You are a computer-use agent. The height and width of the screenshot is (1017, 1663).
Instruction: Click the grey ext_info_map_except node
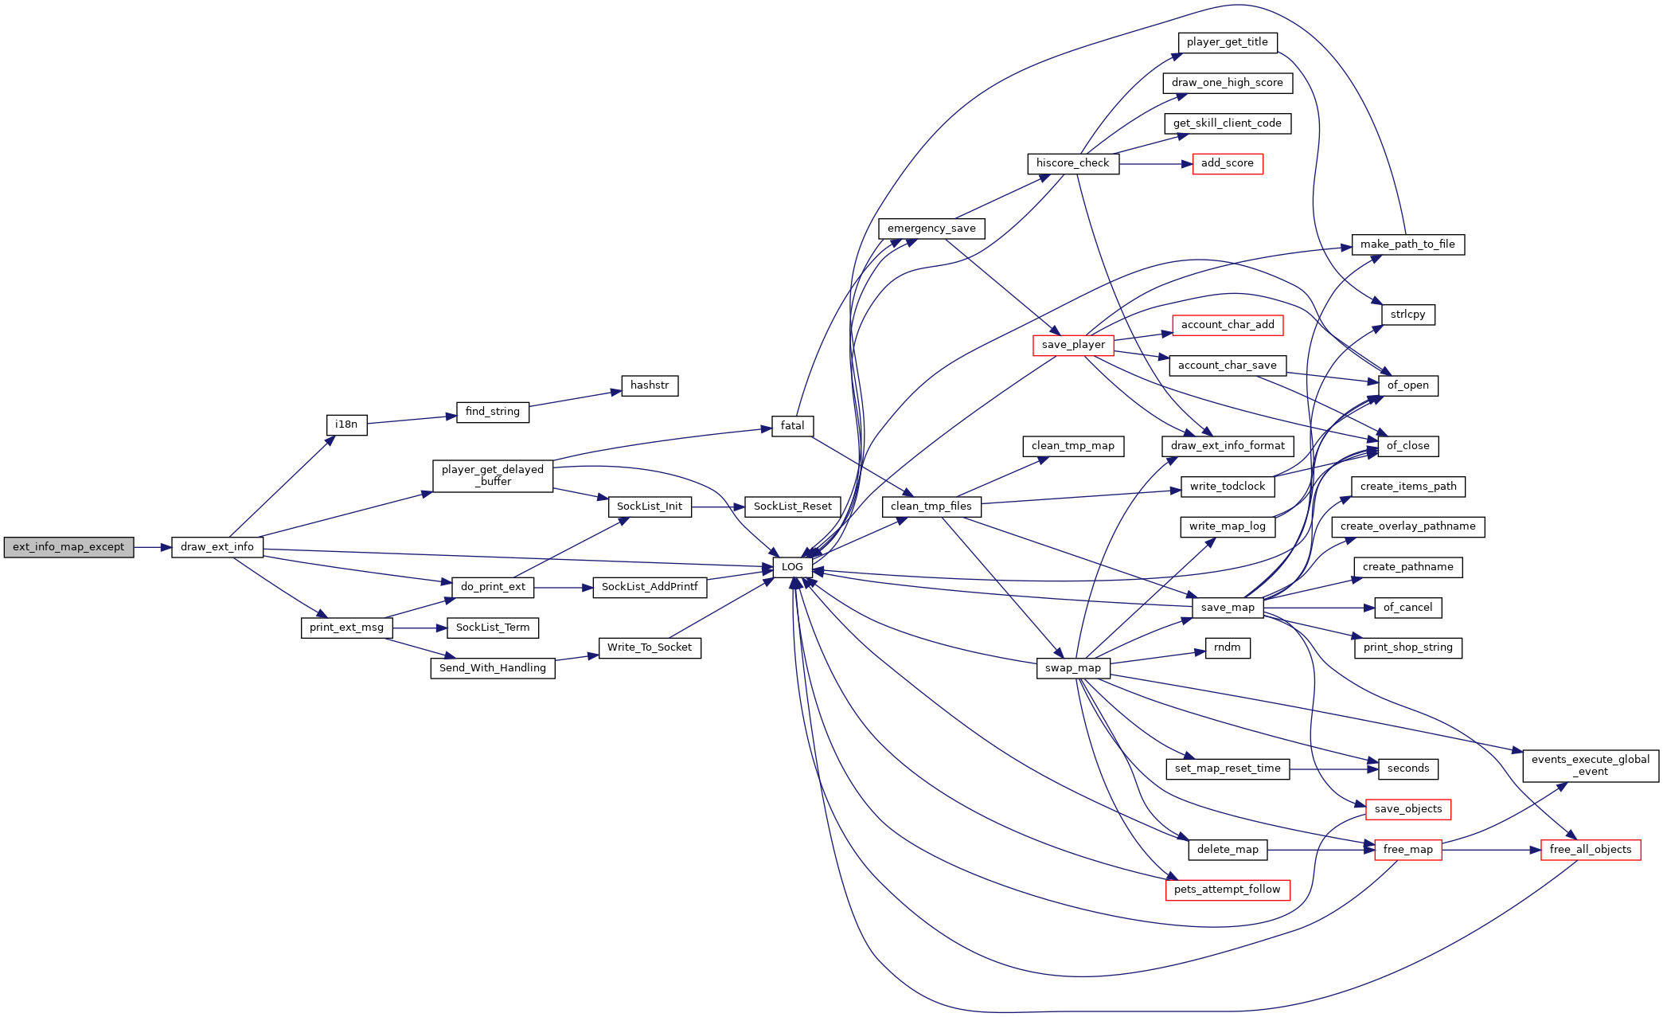pos(68,547)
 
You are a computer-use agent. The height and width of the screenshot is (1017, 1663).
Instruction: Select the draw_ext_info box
pos(217,547)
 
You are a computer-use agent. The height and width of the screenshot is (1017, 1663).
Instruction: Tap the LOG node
pos(792,567)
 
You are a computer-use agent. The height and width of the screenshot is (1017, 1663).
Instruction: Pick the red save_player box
pos(1073,345)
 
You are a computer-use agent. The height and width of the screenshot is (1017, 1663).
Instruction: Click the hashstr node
pos(650,385)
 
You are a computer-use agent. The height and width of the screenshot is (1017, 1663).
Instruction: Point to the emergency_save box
pos(931,229)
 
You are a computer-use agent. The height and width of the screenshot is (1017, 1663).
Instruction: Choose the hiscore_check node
pos(1073,163)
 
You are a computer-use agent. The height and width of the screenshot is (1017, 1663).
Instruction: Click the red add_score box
pos(1228,163)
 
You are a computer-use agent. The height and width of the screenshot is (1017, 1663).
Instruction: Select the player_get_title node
pos(1228,42)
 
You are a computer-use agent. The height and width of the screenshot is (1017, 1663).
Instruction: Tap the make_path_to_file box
pos(1407,244)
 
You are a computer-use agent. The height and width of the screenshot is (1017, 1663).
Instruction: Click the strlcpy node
pos(1407,315)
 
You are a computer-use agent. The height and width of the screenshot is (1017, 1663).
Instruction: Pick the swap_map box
pos(1073,668)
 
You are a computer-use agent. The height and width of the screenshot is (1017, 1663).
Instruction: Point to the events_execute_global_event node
pos(1591,765)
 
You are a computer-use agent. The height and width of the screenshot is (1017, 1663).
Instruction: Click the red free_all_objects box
pos(1591,850)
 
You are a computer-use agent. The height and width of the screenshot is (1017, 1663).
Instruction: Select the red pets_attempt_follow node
pos(1228,890)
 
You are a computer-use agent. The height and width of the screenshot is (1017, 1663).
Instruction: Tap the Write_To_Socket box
pos(650,647)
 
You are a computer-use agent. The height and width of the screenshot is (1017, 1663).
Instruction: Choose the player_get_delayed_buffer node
pos(493,475)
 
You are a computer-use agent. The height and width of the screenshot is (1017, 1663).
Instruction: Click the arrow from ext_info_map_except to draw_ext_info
pos(153,547)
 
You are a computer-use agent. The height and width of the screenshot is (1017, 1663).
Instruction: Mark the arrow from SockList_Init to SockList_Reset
pos(718,507)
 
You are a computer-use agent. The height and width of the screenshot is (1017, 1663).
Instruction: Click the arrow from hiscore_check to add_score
pos(1156,164)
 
